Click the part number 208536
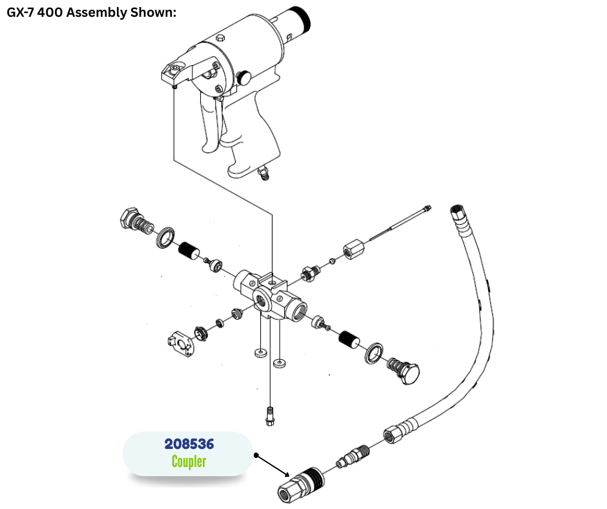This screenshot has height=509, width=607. coord(189,444)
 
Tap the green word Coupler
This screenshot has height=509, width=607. coord(189,461)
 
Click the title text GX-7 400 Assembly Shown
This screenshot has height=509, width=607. coord(91,12)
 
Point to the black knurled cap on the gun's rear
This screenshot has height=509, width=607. coord(302,19)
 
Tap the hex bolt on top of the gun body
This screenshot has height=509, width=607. coord(220,37)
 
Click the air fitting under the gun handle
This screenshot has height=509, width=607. coord(264,172)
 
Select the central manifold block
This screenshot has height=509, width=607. coord(270,296)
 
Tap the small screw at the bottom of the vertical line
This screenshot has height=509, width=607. coord(270,417)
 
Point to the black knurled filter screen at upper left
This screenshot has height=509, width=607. coord(189,251)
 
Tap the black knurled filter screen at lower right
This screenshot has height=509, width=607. coord(349,339)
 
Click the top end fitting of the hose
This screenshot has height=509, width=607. coord(458,215)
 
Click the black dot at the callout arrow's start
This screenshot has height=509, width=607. coord(256,455)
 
